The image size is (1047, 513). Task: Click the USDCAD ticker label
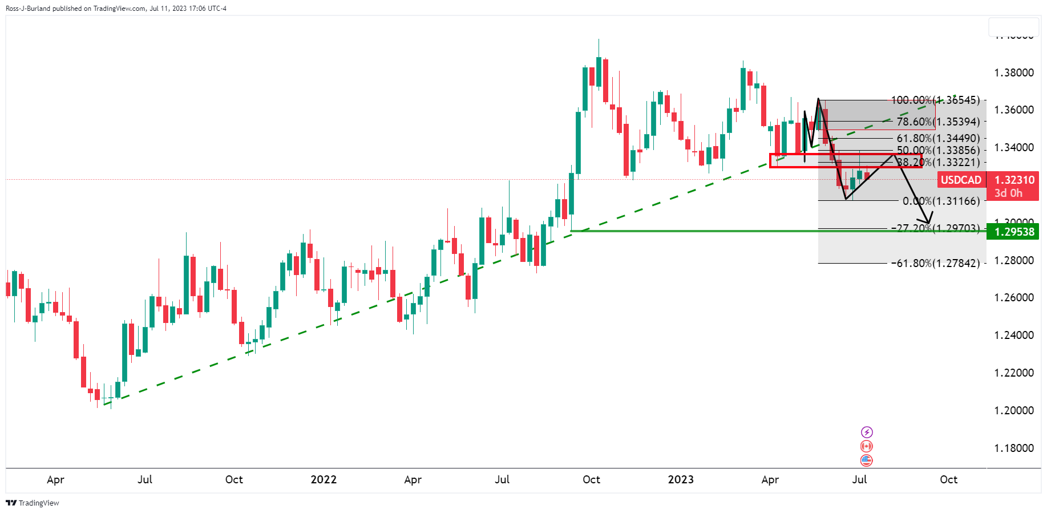[x=961, y=180]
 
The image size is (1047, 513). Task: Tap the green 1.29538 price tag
[x=1014, y=232]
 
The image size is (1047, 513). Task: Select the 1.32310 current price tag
[x=1014, y=180]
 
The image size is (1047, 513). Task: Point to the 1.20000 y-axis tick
[x=1014, y=410]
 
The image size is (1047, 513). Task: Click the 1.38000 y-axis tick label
[x=1014, y=72]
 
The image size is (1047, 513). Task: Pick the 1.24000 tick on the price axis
[x=1014, y=335]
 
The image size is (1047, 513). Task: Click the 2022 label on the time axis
[x=324, y=479]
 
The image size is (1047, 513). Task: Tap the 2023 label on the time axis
[x=681, y=479]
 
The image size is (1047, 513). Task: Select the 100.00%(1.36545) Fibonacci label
[x=935, y=100]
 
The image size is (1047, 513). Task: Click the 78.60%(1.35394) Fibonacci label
[x=938, y=122]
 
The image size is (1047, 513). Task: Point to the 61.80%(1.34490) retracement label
[x=938, y=138]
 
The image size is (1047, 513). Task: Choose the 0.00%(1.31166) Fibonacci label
[x=941, y=201]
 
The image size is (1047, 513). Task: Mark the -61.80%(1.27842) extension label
[x=936, y=263]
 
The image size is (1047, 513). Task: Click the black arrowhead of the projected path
[x=928, y=220]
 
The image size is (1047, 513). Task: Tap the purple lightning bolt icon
[x=867, y=432]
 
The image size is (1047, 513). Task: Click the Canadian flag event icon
[x=867, y=446]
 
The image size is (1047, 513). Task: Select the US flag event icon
[x=867, y=460]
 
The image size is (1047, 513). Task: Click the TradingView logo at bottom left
[x=33, y=503]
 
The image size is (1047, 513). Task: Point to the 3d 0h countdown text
[x=1008, y=193]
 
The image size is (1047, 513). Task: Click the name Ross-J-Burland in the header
[x=28, y=9]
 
